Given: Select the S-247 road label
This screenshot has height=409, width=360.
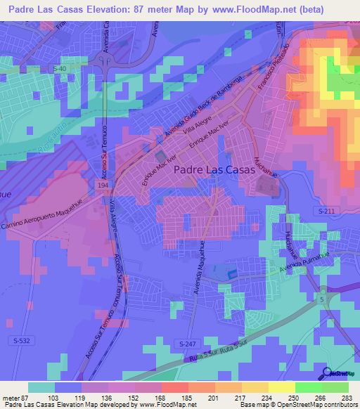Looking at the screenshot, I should tap(186, 343).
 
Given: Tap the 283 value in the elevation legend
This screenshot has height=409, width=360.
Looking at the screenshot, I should tap(347, 398).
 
